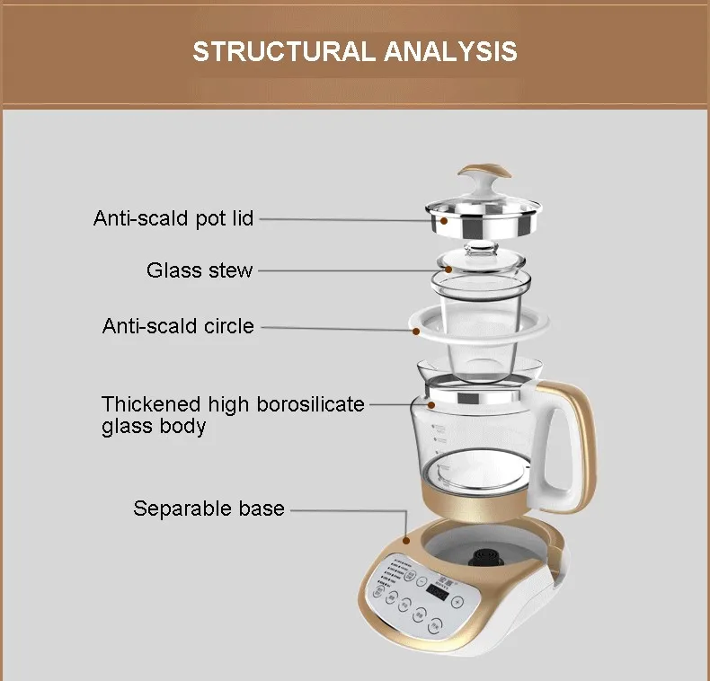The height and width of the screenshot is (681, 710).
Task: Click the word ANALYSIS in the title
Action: pos(451,50)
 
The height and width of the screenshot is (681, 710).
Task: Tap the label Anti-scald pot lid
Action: pos(173,218)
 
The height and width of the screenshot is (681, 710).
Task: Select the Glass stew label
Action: pos(200,270)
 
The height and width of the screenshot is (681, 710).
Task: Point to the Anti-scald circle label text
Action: pos(178,326)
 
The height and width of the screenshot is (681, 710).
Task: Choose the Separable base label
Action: pos(209,509)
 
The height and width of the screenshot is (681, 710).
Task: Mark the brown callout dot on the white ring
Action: pos(417,331)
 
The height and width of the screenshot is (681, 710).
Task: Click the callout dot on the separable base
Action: pos(405,541)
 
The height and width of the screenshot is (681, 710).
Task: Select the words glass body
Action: pos(153,427)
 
